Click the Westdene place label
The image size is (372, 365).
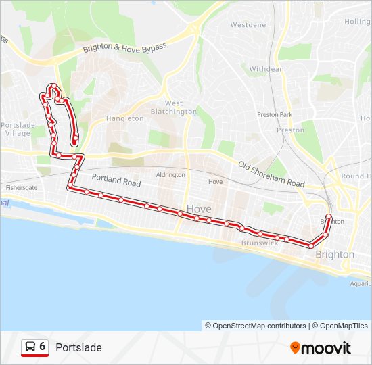(x=248, y=25)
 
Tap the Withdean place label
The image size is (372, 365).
(x=266, y=69)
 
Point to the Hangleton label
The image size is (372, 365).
(x=125, y=118)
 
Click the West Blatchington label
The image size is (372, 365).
(x=173, y=107)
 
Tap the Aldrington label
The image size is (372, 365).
(x=170, y=174)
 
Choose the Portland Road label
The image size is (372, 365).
(x=116, y=181)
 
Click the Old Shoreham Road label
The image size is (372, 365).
(x=271, y=174)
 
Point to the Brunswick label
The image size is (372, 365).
(x=260, y=242)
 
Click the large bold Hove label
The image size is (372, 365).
(x=198, y=209)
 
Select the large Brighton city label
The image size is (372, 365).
(x=335, y=254)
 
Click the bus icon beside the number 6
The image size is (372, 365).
(x=30, y=347)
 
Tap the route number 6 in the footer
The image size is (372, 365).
(x=43, y=347)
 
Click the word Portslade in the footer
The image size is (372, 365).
(x=78, y=347)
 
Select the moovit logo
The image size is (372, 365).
(x=321, y=348)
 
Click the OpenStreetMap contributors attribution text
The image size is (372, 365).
(x=256, y=326)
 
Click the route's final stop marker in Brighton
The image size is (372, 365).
(x=329, y=217)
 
